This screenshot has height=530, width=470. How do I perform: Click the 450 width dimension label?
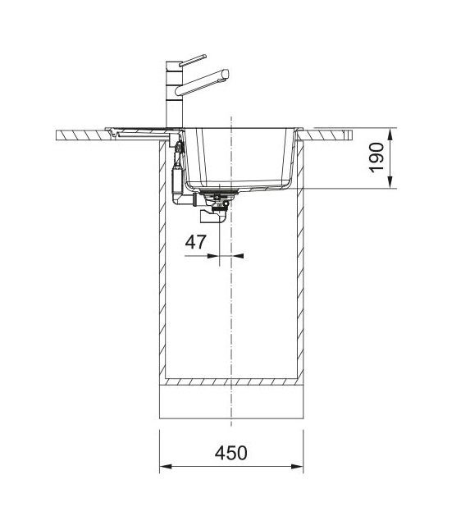tap(230, 453)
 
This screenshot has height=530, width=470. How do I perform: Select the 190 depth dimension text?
tap(376, 158)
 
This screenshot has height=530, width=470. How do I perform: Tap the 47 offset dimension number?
tap(195, 242)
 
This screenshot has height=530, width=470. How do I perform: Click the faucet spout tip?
tap(226, 74)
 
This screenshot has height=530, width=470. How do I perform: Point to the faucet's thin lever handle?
tap(193, 60)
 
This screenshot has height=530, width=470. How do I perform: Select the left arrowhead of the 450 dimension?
tap(166, 467)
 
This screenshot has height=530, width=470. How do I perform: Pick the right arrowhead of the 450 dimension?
tap(297, 467)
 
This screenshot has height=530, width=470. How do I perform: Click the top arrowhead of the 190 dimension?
tap(390, 135)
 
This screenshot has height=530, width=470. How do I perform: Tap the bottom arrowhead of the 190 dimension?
tap(390, 182)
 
